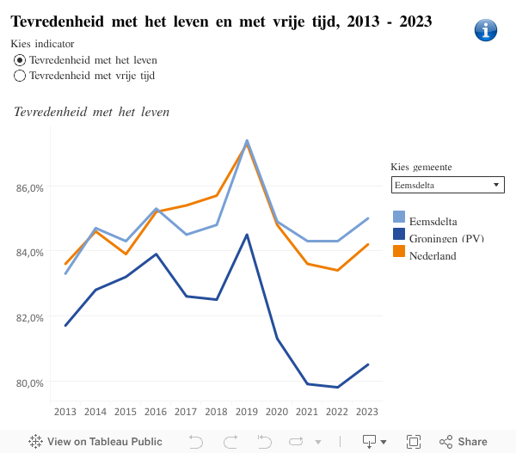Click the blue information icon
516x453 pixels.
click(x=486, y=30)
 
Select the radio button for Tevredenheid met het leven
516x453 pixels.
click(x=20, y=60)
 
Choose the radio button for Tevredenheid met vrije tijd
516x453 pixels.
click(x=20, y=76)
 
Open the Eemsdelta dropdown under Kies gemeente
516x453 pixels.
click(x=447, y=185)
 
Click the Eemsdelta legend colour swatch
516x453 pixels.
click(x=399, y=217)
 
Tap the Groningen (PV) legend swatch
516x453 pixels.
click(x=399, y=234)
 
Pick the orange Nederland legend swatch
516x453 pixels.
click(x=399, y=251)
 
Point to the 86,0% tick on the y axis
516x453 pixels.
click(x=31, y=187)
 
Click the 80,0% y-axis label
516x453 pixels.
click(x=31, y=382)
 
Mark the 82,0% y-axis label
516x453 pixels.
click(x=31, y=317)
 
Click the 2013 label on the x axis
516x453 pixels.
click(x=65, y=412)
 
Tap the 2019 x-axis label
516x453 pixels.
click(x=247, y=412)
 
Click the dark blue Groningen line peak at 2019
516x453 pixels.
click(x=247, y=235)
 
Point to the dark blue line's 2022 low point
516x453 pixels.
click(x=338, y=387)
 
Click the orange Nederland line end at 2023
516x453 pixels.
click(x=368, y=244)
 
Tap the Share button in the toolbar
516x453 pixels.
click(x=464, y=441)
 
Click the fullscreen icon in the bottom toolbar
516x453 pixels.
click(x=414, y=441)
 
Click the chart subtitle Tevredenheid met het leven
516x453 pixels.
click(x=92, y=111)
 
